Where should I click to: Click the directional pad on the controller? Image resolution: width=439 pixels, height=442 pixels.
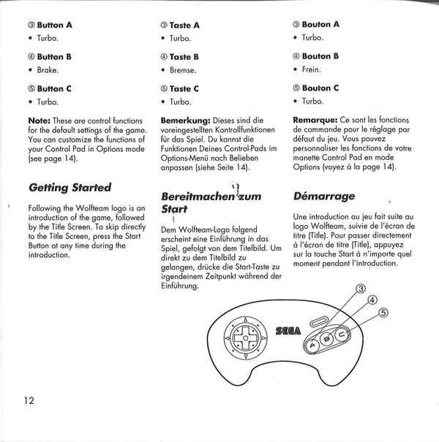(x=244, y=341)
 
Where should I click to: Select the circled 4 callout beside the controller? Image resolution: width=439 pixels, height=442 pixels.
(x=372, y=299)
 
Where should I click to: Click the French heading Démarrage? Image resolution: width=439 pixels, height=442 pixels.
(x=324, y=197)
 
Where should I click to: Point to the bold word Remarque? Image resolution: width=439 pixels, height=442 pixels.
(x=315, y=120)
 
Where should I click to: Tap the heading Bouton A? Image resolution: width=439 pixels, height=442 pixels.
(x=316, y=24)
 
